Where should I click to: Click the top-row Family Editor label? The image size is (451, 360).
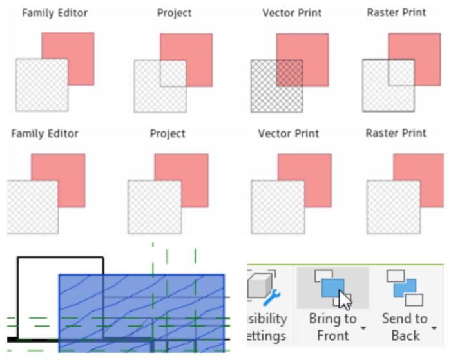click(55, 12)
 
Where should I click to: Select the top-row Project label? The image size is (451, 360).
click(175, 12)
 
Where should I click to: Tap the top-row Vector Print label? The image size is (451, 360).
click(292, 12)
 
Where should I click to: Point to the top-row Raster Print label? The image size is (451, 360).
click(396, 12)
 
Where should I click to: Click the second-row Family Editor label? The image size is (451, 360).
click(44, 133)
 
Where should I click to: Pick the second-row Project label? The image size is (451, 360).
click(168, 133)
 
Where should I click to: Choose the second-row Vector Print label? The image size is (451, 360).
click(288, 133)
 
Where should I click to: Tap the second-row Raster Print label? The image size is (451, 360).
click(396, 133)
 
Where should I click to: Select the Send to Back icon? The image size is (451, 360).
click(405, 287)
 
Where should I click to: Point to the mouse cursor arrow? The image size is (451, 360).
click(345, 300)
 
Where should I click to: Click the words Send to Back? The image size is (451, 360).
click(405, 327)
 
